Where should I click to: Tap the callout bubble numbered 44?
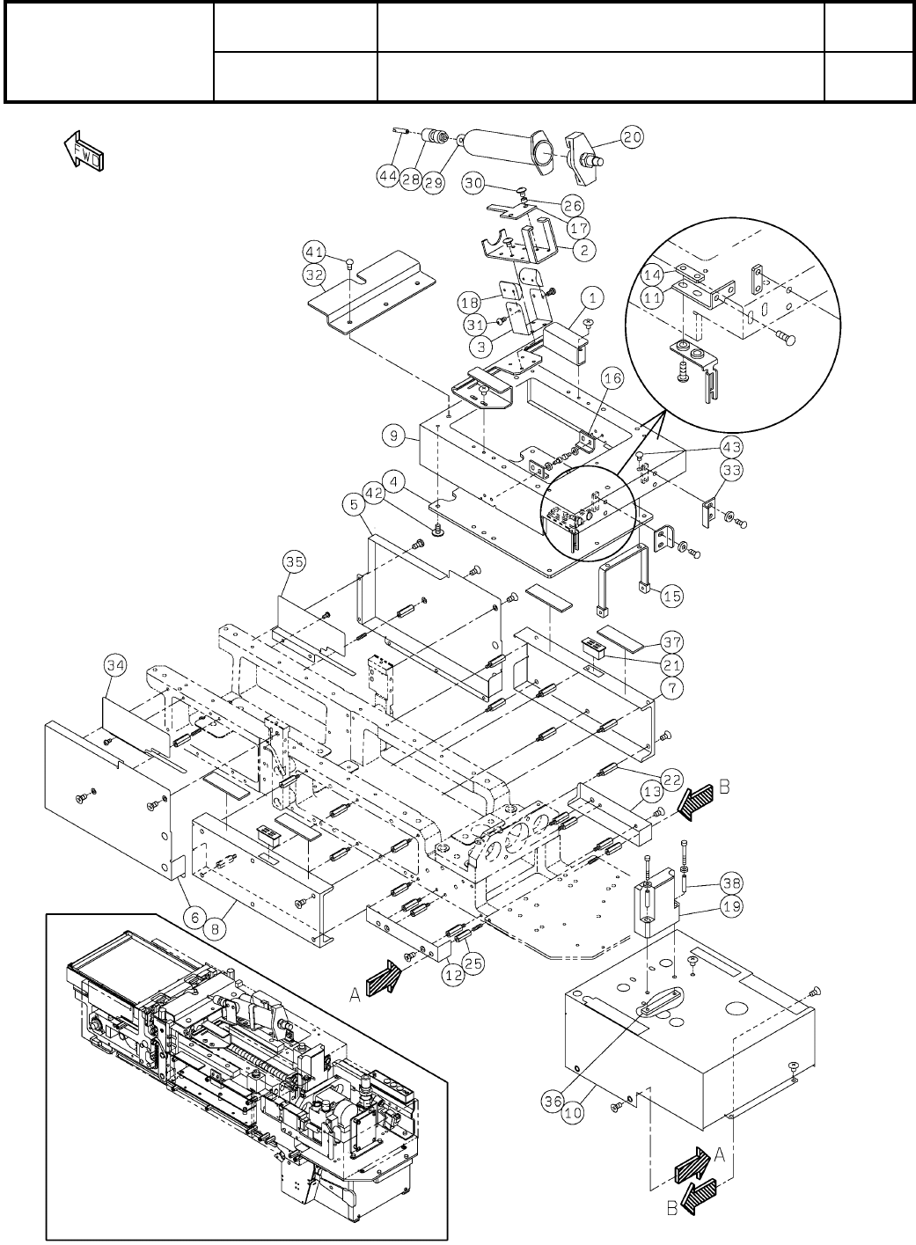[389, 176]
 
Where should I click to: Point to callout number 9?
[392, 435]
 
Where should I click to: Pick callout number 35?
[294, 560]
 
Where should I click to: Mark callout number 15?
[672, 596]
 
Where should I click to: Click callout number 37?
[672, 641]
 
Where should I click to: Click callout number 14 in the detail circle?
[677, 274]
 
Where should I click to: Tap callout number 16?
[612, 378]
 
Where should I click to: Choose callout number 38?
[731, 882]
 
